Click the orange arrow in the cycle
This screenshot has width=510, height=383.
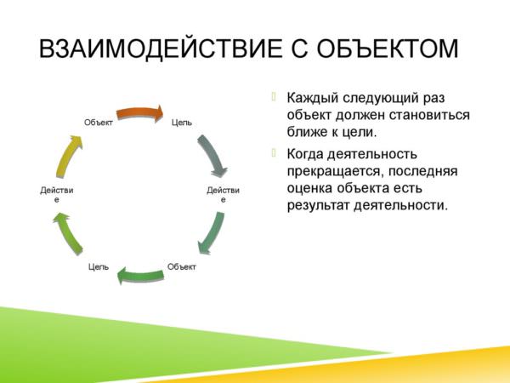pyautogui.click(x=140, y=113)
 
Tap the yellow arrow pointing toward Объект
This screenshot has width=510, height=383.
pyautogui.click(x=68, y=157)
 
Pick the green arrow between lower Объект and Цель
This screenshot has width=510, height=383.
pyautogui.click(x=140, y=276)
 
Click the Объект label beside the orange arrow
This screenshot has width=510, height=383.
pyautogui.click(x=99, y=123)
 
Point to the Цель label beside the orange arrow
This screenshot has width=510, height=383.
pyautogui.click(x=182, y=123)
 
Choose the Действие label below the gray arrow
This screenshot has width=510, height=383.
pyautogui.click(x=223, y=194)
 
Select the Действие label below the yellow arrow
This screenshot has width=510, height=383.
pyautogui.click(x=57, y=194)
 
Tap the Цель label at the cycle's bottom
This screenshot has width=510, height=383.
pyautogui.click(x=99, y=267)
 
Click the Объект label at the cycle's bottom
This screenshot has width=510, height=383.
pyautogui.click(x=182, y=266)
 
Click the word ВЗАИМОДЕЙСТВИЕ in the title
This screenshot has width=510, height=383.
pyautogui.click(x=161, y=49)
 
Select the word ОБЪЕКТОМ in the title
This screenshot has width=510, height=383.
pyautogui.click(x=387, y=49)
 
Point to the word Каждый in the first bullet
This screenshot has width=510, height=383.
pyautogui.click(x=312, y=98)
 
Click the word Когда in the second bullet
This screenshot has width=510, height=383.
pyautogui.click(x=304, y=154)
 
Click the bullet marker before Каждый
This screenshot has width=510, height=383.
pyautogui.click(x=274, y=96)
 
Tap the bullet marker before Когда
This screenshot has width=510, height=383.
pyautogui.click(x=274, y=152)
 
